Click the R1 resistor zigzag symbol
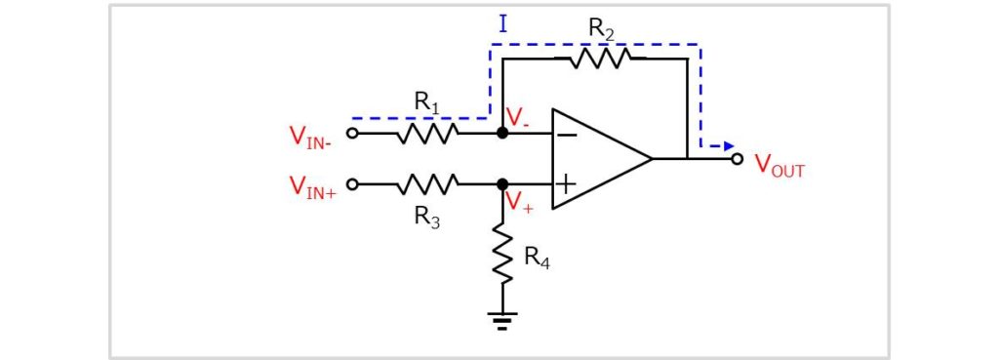(x=427, y=133)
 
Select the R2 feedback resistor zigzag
(x=599, y=59)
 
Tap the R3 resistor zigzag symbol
(x=427, y=183)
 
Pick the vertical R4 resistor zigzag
(x=502, y=253)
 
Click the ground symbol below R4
(x=502, y=320)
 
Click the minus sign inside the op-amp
(x=566, y=134)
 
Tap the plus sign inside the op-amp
(x=566, y=183)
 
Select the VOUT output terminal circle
(x=738, y=158)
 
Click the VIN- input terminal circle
(x=352, y=133)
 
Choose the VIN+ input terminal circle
(x=352, y=183)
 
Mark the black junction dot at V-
(x=502, y=133)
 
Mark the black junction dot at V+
(x=502, y=183)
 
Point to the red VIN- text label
(x=310, y=137)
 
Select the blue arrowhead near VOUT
(x=728, y=146)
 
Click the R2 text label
(x=601, y=30)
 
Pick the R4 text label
(x=537, y=258)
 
